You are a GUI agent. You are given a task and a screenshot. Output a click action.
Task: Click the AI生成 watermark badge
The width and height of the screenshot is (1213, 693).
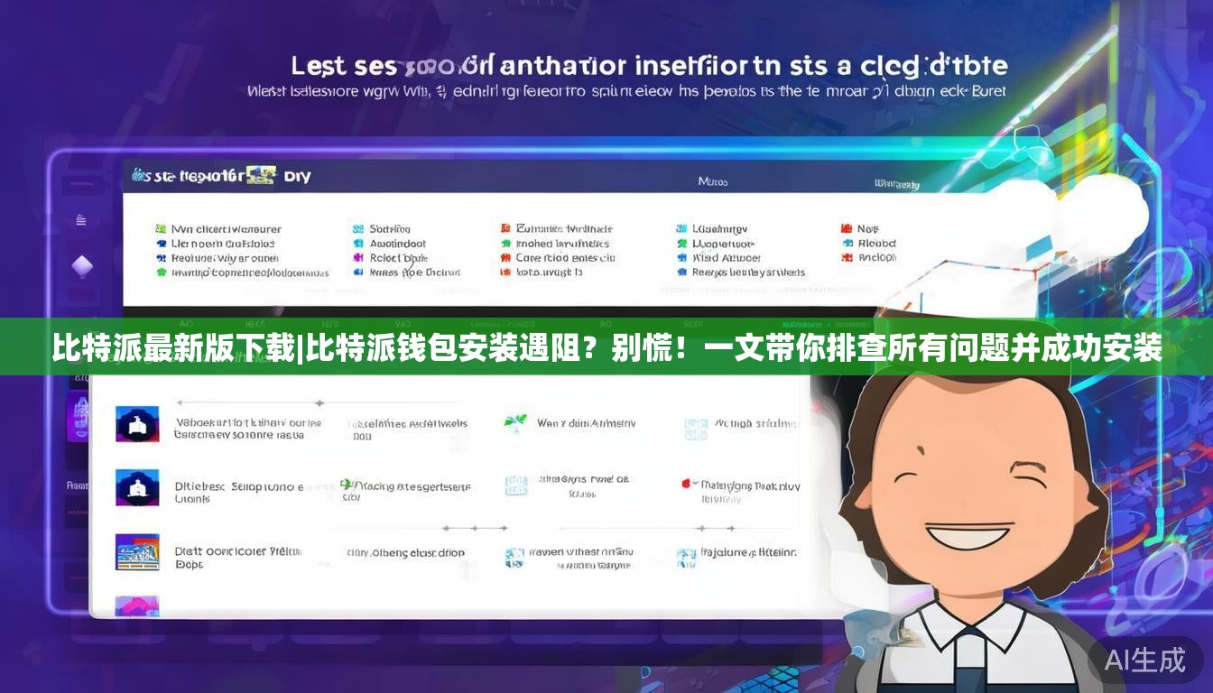(x=1144, y=660)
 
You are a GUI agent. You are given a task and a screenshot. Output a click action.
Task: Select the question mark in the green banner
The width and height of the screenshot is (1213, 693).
(x=587, y=347)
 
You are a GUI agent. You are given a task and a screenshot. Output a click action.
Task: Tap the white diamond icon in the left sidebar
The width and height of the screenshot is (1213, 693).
(x=82, y=266)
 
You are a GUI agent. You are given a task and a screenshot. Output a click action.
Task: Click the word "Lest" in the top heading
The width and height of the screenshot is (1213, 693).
(x=318, y=66)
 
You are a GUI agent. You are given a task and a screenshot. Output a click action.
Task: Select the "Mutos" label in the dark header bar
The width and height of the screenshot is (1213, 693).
(x=712, y=181)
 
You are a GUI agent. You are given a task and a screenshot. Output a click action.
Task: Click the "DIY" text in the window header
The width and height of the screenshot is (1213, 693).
(x=298, y=176)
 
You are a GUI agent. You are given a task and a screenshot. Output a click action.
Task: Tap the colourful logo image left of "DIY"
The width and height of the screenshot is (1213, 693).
(x=260, y=174)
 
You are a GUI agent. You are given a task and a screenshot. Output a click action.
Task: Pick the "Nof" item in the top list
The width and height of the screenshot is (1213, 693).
(x=867, y=229)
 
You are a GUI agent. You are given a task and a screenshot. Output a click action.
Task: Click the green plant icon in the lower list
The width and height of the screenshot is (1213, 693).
(x=515, y=422)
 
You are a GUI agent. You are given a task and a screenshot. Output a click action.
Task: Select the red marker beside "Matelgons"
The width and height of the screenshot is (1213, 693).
(x=686, y=485)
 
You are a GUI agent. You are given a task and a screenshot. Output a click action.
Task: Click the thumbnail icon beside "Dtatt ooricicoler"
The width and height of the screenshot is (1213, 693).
(x=137, y=552)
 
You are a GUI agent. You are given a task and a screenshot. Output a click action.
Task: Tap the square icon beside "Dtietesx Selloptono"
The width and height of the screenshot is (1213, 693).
(x=137, y=487)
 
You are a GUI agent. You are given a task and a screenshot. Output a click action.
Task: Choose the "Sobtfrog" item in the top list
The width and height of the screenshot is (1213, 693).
(x=389, y=229)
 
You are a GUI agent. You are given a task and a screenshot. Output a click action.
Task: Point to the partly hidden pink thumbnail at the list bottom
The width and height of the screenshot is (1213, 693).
(x=137, y=605)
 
